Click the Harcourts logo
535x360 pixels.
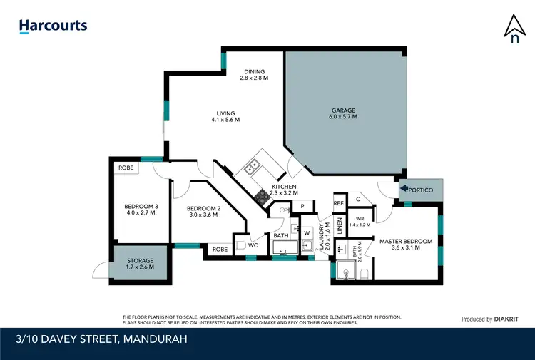point(53,26)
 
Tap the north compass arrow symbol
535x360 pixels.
point(514,28)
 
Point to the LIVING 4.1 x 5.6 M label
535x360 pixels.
point(225,116)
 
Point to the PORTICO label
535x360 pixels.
point(424,189)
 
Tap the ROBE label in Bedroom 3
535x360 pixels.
point(126,168)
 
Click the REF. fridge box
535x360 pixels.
point(338,204)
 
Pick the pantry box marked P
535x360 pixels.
point(302,206)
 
